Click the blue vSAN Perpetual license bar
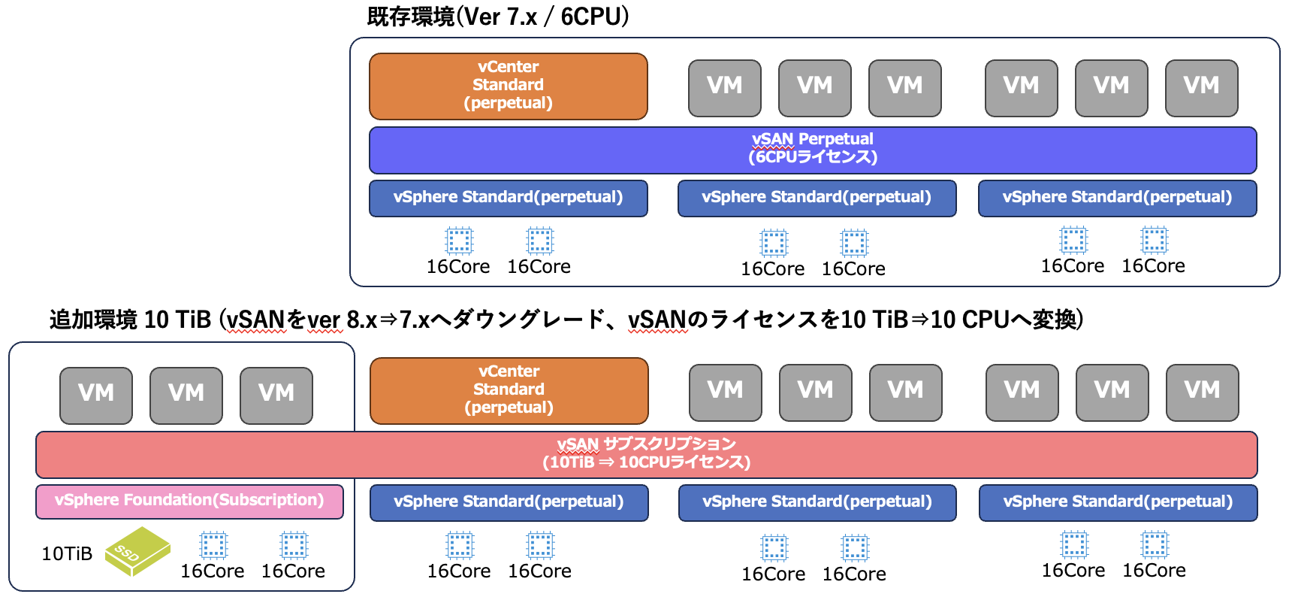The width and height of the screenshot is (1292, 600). click(x=812, y=150)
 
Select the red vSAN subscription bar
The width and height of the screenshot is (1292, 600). click(x=646, y=454)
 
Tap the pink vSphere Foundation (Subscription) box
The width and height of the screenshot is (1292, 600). click(x=189, y=502)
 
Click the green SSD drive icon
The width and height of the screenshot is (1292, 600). click(x=137, y=551)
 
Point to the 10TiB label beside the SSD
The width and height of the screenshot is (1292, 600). click(x=67, y=554)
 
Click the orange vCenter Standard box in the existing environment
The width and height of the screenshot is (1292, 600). click(x=508, y=86)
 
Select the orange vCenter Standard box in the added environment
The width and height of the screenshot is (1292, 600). click(x=509, y=390)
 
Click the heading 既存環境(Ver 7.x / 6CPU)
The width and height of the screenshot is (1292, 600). click(x=497, y=17)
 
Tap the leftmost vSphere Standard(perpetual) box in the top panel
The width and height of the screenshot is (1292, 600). click(x=508, y=198)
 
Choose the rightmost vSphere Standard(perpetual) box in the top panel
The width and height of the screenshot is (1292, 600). click(x=1117, y=198)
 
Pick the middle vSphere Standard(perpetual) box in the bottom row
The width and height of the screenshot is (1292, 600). click(x=817, y=502)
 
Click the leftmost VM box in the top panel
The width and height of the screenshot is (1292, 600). click(x=724, y=88)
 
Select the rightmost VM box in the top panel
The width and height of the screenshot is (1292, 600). click(x=1201, y=88)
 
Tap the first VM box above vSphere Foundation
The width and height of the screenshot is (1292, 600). click(x=96, y=395)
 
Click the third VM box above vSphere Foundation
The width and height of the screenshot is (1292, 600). click(x=276, y=395)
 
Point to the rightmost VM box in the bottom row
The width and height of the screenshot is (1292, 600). click(x=1202, y=392)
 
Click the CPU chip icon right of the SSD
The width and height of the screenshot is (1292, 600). click(x=213, y=545)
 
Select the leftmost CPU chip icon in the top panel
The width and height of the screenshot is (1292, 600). click(x=459, y=241)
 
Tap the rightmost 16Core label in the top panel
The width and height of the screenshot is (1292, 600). click(x=1153, y=266)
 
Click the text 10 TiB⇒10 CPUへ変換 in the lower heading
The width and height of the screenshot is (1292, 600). click(x=961, y=320)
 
